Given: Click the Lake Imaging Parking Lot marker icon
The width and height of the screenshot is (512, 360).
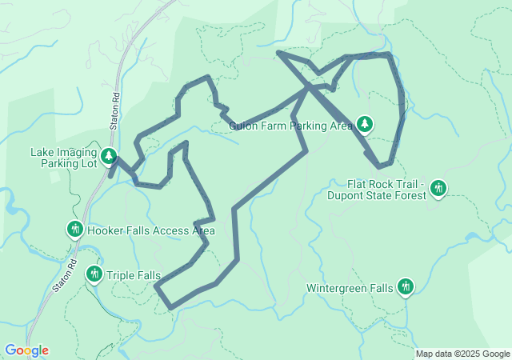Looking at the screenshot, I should [x=109, y=155].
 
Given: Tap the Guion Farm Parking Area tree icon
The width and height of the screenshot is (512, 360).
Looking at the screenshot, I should [x=365, y=124].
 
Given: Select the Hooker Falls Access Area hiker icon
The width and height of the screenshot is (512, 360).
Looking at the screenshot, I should [x=75, y=230].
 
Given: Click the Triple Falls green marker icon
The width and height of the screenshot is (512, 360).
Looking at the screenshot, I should [x=94, y=274].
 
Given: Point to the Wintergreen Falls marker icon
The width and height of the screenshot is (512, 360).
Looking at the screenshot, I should [x=406, y=286].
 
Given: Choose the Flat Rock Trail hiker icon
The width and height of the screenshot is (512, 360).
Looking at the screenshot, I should [x=438, y=188].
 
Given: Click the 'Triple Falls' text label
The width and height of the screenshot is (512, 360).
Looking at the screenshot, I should [x=133, y=274].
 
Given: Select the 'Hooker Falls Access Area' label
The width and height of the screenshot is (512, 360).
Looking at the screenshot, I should [x=151, y=231].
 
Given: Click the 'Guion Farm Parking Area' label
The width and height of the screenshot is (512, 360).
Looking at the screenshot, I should [x=290, y=125].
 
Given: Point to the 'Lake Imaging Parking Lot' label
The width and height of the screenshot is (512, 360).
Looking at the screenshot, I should [x=63, y=158].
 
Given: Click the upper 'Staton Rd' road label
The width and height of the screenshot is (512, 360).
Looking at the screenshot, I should [x=116, y=109].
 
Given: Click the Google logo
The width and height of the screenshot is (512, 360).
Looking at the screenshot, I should [x=26, y=350].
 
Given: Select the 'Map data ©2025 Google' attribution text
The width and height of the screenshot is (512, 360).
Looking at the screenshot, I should [x=462, y=354].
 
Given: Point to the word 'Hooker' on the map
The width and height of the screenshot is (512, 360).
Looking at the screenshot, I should [x=105, y=231].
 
